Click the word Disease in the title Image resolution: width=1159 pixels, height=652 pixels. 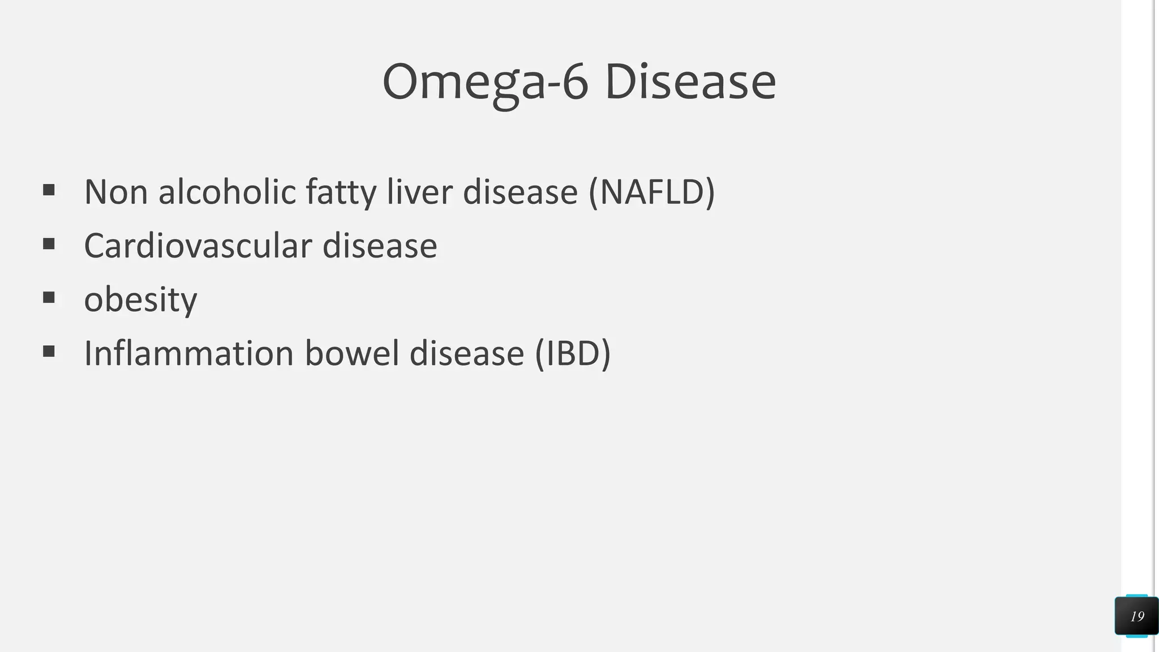[x=690, y=83]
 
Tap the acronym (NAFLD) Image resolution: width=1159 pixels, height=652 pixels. [x=652, y=192]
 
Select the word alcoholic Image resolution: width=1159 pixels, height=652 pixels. [x=227, y=192]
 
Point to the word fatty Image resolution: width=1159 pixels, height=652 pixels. [x=341, y=192]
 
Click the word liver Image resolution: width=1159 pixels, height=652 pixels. [x=419, y=192]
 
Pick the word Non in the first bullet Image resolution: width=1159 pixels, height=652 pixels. [x=115, y=192]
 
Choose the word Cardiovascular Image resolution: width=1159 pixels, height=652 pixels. [x=198, y=246]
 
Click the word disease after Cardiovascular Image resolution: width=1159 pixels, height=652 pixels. [x=380, y=246]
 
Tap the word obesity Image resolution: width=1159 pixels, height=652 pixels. [x=140, y=300]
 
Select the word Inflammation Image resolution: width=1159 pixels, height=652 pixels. [x=188, y=354]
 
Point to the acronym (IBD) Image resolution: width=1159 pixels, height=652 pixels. [x=573, y=354]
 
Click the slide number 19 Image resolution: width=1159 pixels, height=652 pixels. [x=1137, y=616]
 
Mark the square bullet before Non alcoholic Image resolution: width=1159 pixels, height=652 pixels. [x=49, y=190]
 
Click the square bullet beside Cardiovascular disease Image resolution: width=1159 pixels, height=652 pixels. [x=49, y=244]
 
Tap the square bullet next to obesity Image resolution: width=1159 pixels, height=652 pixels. [x=49, y=298]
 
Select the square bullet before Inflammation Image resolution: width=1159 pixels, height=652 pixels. [x=49, y=351]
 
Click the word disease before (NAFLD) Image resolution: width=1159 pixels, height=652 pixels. [x=520, y=192]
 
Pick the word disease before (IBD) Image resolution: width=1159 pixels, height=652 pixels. [x=467, y=354]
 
